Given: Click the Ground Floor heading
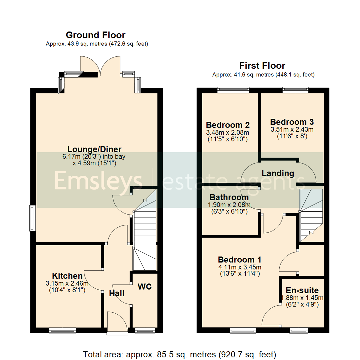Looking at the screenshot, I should tap(95, 35).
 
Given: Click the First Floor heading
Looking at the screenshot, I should tap(263, 65).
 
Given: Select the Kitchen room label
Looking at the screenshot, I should tap(67, 276).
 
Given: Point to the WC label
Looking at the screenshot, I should tap(145, 286).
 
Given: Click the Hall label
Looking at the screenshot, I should tap(117, 293).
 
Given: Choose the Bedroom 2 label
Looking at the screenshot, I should tap(228, 125).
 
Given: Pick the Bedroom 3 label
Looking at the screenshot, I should tap(292, 122).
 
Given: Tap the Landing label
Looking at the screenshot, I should tap(278, 173).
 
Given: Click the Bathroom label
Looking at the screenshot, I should tap(229, 197).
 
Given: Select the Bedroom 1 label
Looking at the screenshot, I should tap(239, 259).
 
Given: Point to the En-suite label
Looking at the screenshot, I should tap(302, 290).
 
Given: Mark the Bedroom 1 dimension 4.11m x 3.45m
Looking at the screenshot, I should tap(239, 267).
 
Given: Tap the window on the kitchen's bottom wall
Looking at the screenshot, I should tap(63, 330).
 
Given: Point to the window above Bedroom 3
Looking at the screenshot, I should tap(295, 89).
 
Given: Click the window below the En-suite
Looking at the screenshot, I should tap(300, 330).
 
